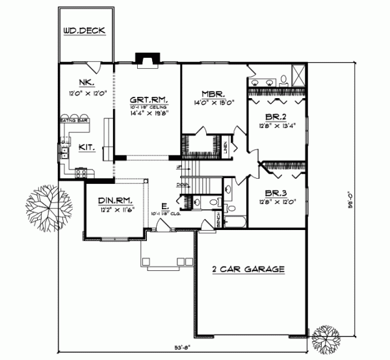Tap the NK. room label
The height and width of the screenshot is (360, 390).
coord(85,83)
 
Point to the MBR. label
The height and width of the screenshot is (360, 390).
coord(213,93)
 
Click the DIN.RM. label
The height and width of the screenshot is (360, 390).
coord(111,202)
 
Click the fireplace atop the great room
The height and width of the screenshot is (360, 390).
coord(147,60)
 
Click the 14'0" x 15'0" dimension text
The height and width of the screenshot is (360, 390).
coord(213,102)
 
